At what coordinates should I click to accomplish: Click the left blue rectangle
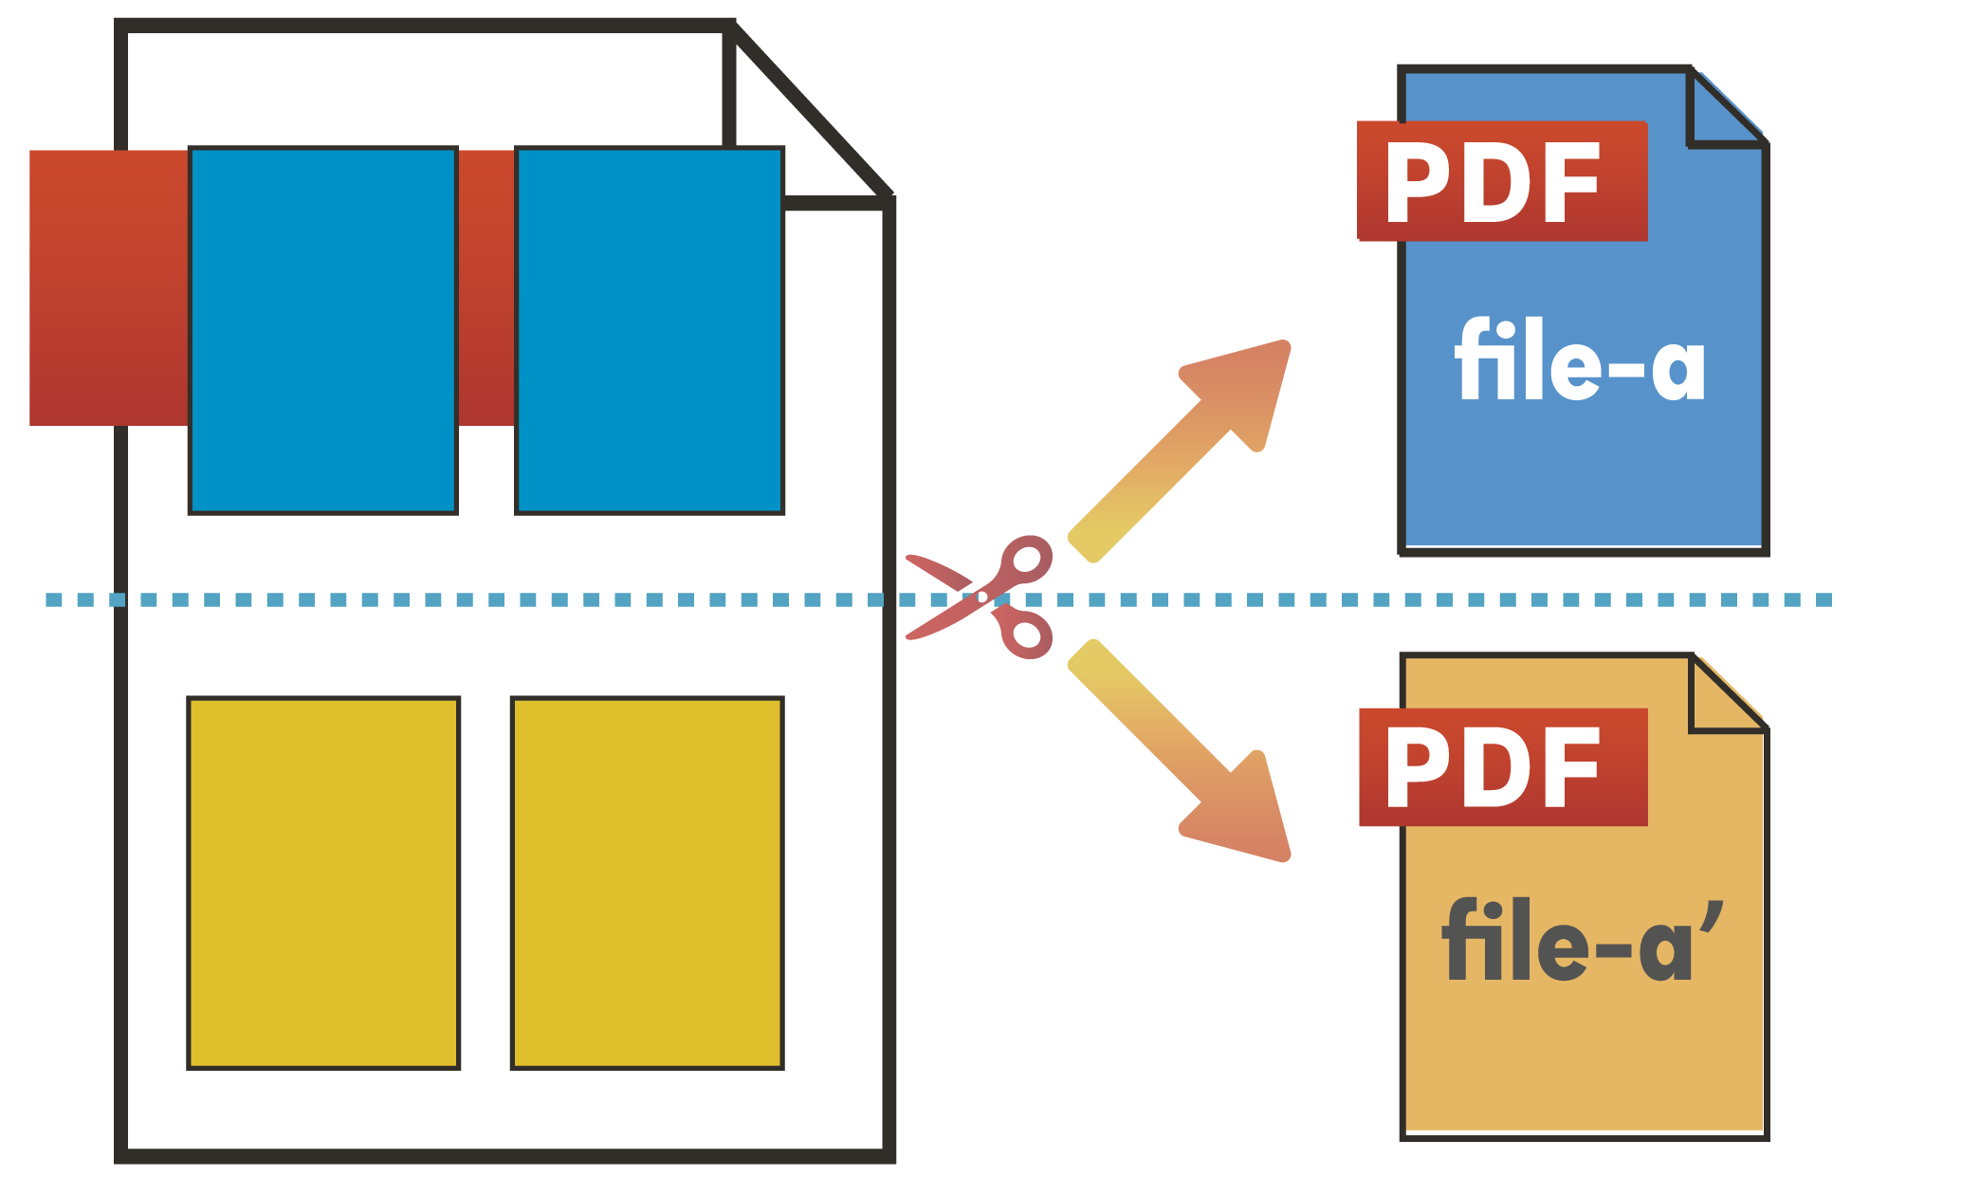[x=323, y=330]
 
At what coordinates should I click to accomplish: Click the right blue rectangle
[x=650, y=330]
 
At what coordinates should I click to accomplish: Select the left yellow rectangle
[x=324, y=883]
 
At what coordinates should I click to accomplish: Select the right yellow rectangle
[x=648, y=883]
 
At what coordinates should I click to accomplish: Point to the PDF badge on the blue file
[x=1502, y=181]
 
